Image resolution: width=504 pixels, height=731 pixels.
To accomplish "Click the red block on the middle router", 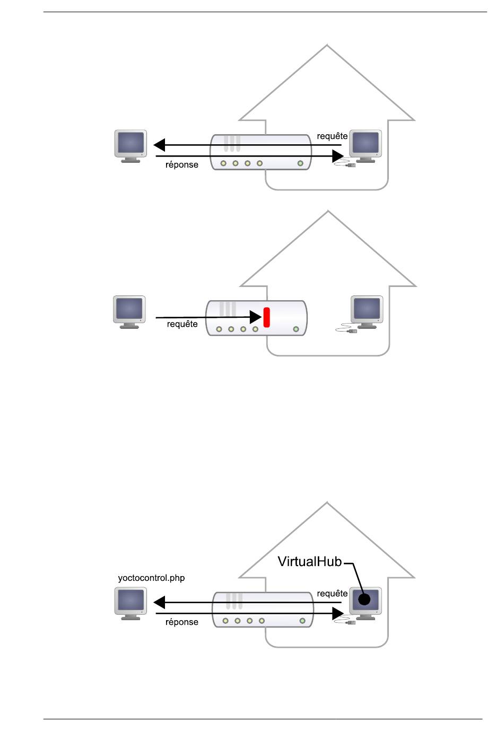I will (x=266, y=317).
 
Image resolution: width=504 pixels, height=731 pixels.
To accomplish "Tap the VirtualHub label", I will (x=309, y=561).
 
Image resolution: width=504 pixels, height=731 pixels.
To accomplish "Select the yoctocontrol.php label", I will (x=151, y=578).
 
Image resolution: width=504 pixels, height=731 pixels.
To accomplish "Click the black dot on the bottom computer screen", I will (x=364, y=599).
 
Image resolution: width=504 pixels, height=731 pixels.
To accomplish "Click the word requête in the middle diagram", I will (x=182, y=324).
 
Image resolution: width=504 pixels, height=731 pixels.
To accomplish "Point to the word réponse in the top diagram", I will (x=181, y=164).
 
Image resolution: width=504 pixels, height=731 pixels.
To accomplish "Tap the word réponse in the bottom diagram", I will (x=181, y=622).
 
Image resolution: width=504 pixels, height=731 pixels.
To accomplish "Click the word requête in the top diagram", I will (x=332, y=136).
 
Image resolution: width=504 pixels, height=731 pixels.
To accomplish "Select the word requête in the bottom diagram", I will (x=332, y=594).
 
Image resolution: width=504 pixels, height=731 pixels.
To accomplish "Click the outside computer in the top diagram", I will (x=131, y=145).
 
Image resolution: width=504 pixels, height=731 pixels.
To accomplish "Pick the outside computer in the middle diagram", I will (x=129, y=311).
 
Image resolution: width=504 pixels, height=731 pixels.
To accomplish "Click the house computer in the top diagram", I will (x=366, y=145).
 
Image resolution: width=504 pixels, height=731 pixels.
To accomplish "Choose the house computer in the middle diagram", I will (x=367, y=311).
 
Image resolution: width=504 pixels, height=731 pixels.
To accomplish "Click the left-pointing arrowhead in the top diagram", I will (x=159, y=145).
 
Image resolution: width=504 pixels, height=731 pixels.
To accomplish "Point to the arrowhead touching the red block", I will (x=256, y=317).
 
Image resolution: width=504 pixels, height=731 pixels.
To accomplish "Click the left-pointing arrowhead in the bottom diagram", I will (x=159, y=603).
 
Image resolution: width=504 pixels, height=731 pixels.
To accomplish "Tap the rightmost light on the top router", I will (x=300, y=163).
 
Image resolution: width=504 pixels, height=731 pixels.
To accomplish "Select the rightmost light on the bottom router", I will (x=302, y=621).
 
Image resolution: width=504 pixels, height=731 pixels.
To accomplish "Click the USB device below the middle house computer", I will (x=351, y=331).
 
